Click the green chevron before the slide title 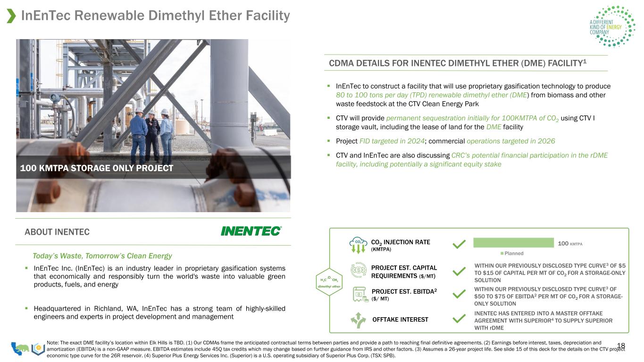[x=11, y=16]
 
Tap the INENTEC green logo [x=251, y=231]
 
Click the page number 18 [x=621, y=346]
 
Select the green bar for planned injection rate [x=513, y=243]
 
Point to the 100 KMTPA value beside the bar [x=570, y=244]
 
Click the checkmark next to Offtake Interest [x=459, y=319]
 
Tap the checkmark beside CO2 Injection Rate [x=459, y=244]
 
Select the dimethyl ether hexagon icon [x=329, y=282]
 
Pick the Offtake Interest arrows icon [x=358, y=320]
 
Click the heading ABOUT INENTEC [x=57, y=232]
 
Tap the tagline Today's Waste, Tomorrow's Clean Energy [x=102, y=255]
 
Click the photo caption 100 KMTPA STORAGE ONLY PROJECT [x=97, y=168]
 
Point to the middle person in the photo [x=152, y=135]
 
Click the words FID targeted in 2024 [x=392, y=141]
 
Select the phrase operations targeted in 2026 [x=510, y=141]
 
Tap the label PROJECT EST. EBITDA [x=404, y=291]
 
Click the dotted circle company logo [x=614, y=26]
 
